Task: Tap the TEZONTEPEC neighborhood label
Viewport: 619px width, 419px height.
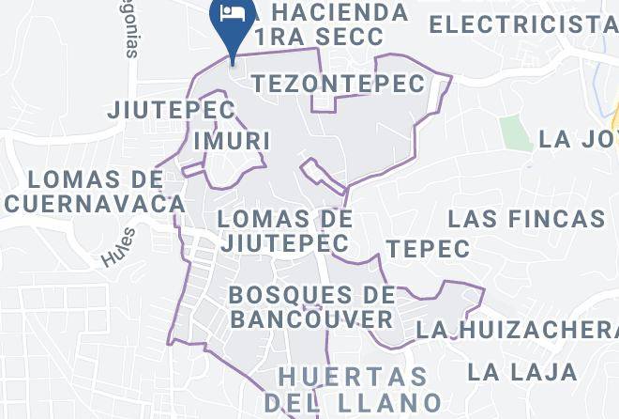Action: pos(339,84)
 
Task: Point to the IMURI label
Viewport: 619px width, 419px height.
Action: pos(231,141)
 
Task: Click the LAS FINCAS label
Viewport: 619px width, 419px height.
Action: pos(526,220)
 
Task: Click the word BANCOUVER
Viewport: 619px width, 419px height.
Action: pos(311,319)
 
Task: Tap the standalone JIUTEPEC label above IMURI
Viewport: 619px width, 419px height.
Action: pos(171,109)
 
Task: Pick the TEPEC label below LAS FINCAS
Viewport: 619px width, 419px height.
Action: pos(428,249)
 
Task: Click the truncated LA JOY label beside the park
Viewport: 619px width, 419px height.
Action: pos(578,140)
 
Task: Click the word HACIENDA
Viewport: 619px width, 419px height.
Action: pos(339,13)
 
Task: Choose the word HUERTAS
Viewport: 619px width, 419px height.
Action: pos(354,378)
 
